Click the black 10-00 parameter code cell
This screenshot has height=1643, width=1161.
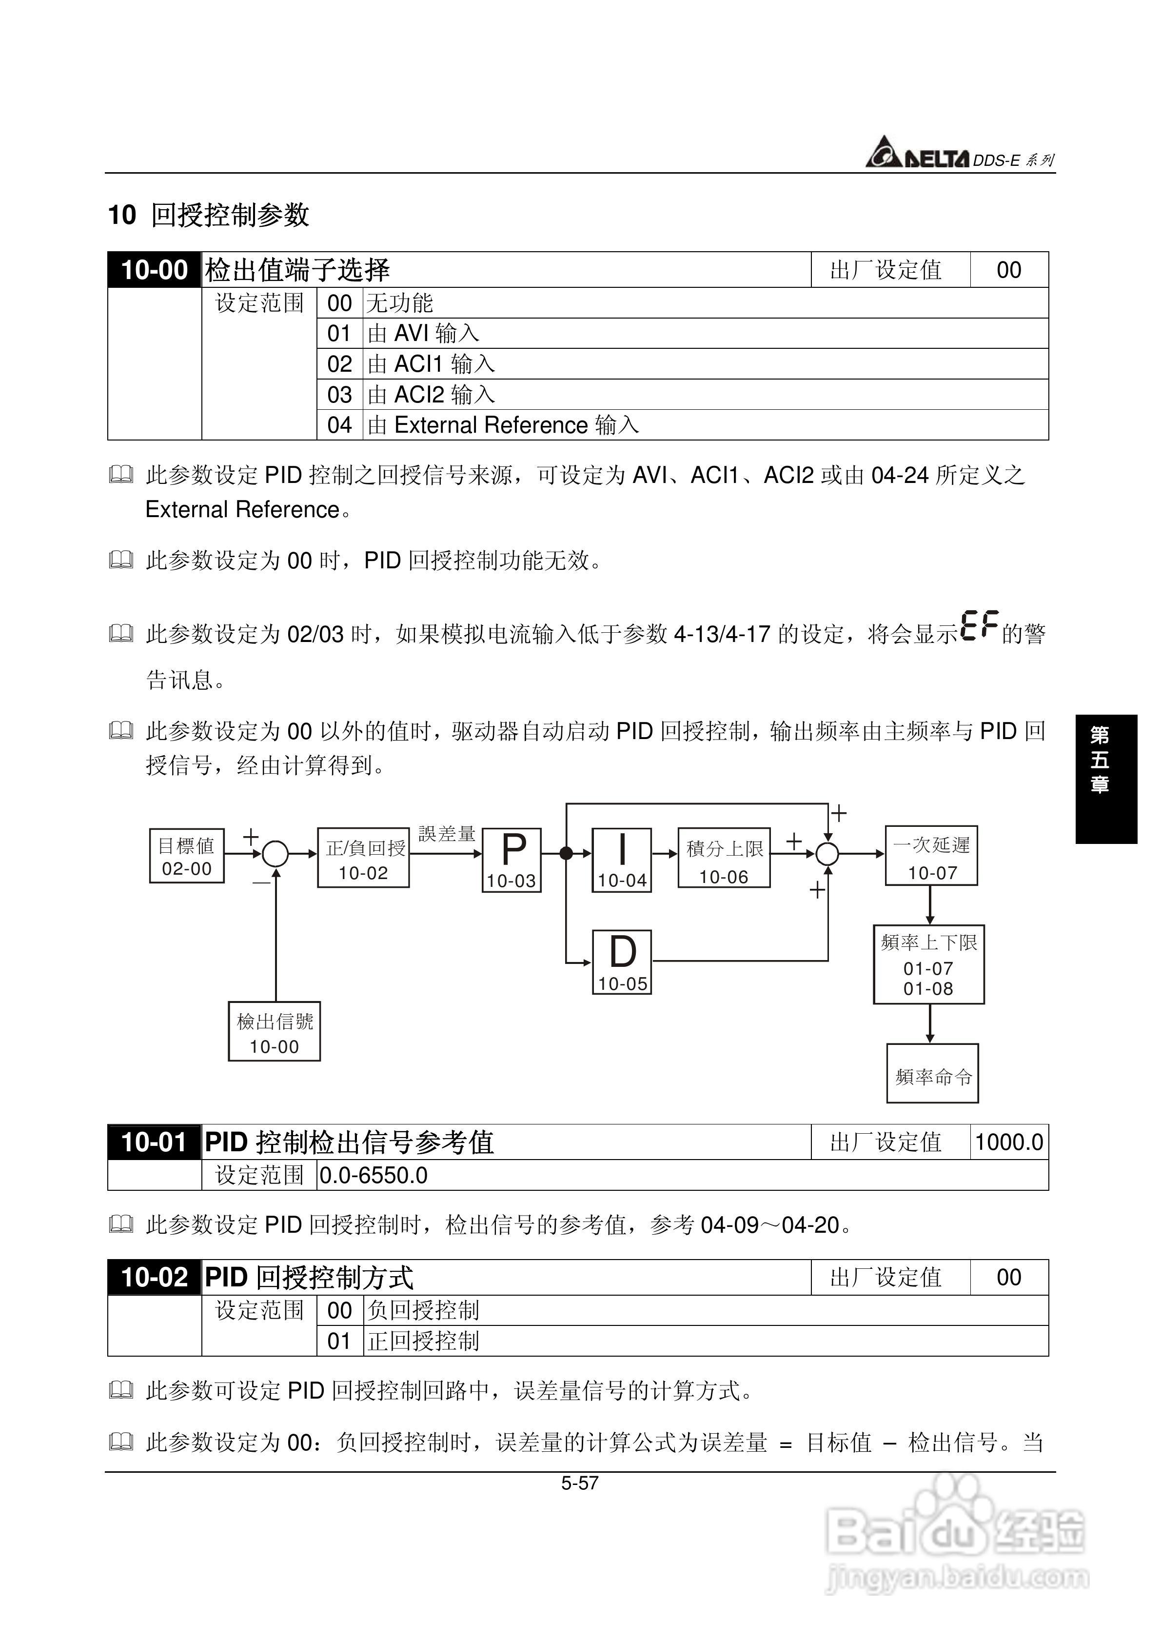tap(154, 270)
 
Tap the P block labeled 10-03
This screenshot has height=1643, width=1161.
tap(512, 860)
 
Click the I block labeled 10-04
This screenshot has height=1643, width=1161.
tap(622, 860)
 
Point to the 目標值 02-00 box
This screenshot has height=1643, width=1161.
tap(187, 856)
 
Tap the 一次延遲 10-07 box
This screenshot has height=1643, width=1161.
tap(931, 856)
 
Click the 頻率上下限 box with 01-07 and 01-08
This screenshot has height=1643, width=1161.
tap(928, 964)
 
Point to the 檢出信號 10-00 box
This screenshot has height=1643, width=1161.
tap(274, 1031)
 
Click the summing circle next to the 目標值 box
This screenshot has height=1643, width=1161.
tap(275, 854)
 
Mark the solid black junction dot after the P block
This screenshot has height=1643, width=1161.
tap(566, 853)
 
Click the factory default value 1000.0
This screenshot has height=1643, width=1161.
tap(1009, 1142)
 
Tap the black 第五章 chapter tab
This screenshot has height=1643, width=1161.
tap(1105, 779)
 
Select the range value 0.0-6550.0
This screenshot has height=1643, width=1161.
tap(374, 1176)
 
